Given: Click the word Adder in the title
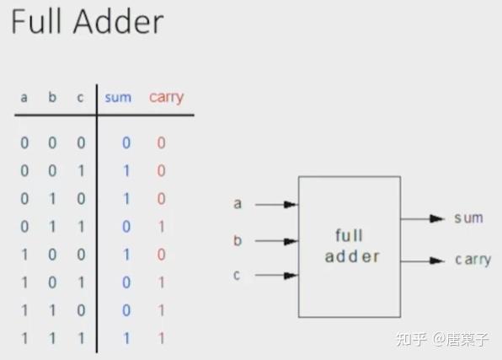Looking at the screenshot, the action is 119,21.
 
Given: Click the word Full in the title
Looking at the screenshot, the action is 36,21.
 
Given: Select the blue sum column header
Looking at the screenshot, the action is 118,98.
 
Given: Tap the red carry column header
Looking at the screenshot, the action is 167,98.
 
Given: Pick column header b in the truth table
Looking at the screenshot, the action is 52,97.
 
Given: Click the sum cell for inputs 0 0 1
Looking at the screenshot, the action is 127,170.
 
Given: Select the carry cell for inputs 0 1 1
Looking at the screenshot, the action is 162,227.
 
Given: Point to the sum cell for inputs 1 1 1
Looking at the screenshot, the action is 127,338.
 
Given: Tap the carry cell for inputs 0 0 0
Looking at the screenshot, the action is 162,142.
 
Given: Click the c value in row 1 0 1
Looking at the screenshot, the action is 82,282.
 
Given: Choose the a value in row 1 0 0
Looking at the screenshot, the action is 24,255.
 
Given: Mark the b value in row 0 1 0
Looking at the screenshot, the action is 53,199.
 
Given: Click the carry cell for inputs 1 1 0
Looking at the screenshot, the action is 162,310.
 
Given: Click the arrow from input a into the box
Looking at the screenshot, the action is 276,204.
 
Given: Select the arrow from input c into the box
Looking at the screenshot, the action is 276,275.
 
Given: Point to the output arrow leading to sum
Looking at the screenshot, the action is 423,218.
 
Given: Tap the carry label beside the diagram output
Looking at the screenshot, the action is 473,260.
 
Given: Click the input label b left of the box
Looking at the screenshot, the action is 238,240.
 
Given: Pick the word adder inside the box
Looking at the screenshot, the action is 352,256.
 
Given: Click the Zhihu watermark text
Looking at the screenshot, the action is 442,339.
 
